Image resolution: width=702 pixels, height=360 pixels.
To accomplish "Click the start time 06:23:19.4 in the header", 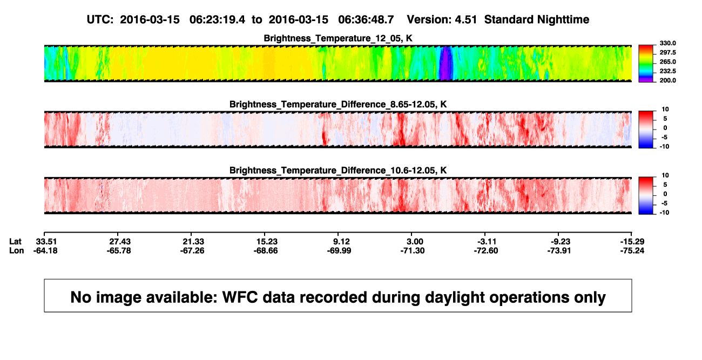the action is [x=217, y=19].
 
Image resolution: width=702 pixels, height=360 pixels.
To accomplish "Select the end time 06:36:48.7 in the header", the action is [x=366, y=19].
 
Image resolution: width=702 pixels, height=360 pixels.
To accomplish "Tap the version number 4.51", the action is [x=465, y=19].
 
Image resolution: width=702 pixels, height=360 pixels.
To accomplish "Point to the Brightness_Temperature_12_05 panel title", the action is [x=338, y=38].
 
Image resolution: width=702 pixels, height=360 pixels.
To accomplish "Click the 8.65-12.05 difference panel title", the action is [x=338, y=104].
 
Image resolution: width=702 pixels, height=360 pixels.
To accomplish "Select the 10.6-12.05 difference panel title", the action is [x=338, y=171].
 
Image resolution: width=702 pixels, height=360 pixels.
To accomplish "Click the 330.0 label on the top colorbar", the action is [x=667, y=43].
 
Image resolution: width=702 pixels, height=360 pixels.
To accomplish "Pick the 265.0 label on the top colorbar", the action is [x=667, y=62].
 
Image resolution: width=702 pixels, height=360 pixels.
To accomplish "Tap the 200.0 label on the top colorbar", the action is [x=667, y=80].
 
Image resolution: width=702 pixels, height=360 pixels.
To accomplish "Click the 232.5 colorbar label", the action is [x=667, y=71].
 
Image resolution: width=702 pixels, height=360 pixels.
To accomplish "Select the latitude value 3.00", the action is [x=415, y=242].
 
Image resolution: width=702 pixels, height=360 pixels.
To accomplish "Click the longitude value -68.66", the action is [x=266, y=250].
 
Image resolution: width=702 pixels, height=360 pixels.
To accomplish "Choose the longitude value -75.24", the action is [x=632, y=250].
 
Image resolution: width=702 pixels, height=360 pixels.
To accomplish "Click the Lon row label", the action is [x=17, y=250].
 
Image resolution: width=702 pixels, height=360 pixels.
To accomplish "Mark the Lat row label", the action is [x=15, y=242].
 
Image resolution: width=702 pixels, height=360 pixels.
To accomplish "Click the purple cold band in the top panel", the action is [x=446, y=63].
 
